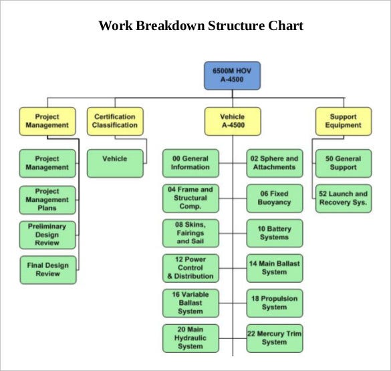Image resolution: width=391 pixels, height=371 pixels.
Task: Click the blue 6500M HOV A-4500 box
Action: point(232,75)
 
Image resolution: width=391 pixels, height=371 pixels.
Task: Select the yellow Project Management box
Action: point(47,121)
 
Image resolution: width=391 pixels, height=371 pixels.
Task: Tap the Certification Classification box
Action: point(115,121)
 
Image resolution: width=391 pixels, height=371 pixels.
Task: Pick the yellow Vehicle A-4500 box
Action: point(232,121)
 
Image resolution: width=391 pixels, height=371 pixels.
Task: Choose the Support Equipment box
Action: point(343,121)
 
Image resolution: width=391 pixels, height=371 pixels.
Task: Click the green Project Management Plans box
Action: point(47,199)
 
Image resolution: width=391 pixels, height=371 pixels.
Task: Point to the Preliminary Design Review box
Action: point(47,235)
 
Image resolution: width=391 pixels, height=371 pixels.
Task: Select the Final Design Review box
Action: point(47,269)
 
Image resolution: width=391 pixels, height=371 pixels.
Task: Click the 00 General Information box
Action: point(190,163)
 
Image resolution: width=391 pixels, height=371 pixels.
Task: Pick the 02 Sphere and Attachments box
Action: point(274,163)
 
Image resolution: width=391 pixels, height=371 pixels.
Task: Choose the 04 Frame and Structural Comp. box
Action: point(190,198)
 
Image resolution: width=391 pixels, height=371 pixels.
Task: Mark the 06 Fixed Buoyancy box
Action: point(274,198)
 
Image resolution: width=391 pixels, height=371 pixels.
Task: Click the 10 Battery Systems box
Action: point(274,233)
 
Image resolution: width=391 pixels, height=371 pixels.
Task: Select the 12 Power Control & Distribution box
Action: point(190,268)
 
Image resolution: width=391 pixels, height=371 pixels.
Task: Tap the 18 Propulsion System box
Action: point(274,303)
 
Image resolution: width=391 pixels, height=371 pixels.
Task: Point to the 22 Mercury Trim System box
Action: point(274,338)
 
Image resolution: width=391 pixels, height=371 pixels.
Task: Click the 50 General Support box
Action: point(343,163)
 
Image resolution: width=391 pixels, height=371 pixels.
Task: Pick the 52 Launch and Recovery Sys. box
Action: point(343,198)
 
